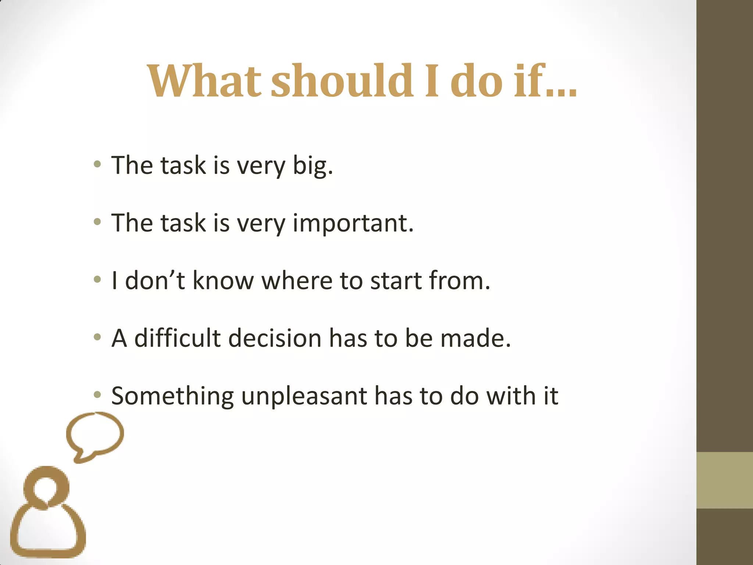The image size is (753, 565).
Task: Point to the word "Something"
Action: pyautogui.click(x=172, y=396)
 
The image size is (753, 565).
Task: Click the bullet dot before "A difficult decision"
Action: pyautogui.click(x=97, y=337)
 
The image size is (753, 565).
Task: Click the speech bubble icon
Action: pyautogui.click(x=95, y=434)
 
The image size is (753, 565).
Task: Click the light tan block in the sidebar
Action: pyautogui.click(x=725, y=480)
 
